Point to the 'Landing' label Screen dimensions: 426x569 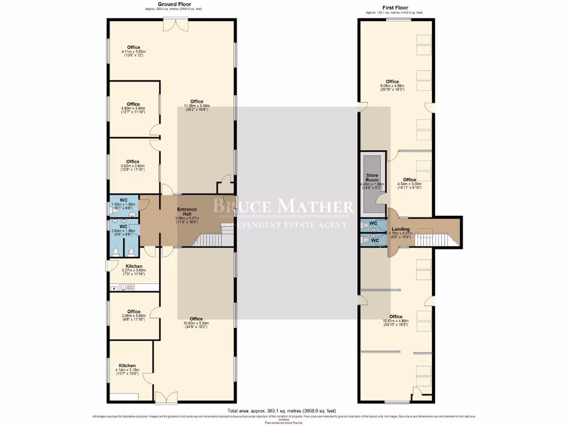[x=401, y=229]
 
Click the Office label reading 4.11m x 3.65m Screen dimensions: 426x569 [x=133, y=48]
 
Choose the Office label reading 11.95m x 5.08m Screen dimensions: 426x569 [x=196, y=102]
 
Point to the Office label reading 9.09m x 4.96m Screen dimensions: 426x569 [x=393, y=82]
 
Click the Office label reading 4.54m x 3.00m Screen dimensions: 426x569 [x=410, y=180]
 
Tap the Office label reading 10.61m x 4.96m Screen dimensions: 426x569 [x=396, y=317]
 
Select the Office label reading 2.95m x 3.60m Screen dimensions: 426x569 [x=133, y=312]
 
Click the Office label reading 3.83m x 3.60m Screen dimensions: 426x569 [x=133, y=104]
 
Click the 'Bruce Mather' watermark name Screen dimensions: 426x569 [x=284, y=206]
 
